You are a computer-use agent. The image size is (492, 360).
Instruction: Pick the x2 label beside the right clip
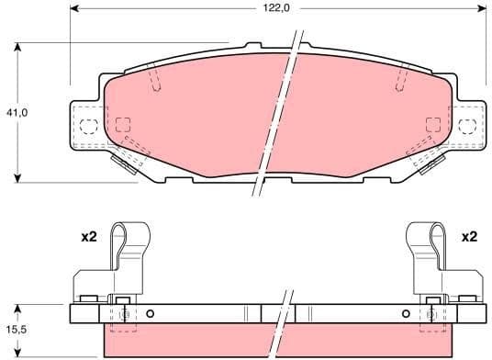(x=469, y=237)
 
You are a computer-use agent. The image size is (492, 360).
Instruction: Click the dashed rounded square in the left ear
(x=89, y=126)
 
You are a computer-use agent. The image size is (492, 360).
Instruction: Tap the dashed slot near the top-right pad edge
(x=401, y=80)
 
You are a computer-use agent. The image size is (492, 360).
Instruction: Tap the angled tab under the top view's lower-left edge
(x=126, y=163)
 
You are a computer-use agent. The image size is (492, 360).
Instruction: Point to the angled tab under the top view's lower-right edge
(x=428, y=163)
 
